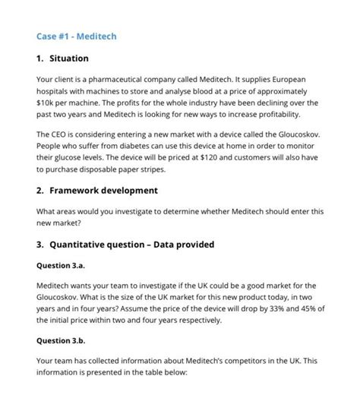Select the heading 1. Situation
tap(63, 58)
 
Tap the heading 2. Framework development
tap(96, 190)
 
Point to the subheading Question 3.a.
tap(63, 266)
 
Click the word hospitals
tap(55, 90)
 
